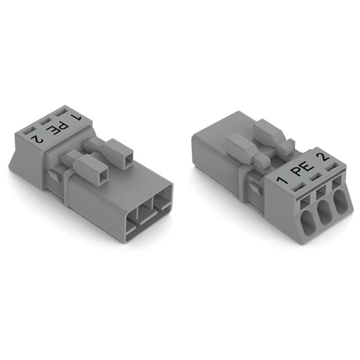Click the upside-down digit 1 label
pos(76,118)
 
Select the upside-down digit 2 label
pos(38,139)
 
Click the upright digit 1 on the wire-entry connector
pos(282,179)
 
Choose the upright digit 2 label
pos(322,157)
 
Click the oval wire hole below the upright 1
pos(308,221)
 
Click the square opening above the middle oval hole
pos(321,194)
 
